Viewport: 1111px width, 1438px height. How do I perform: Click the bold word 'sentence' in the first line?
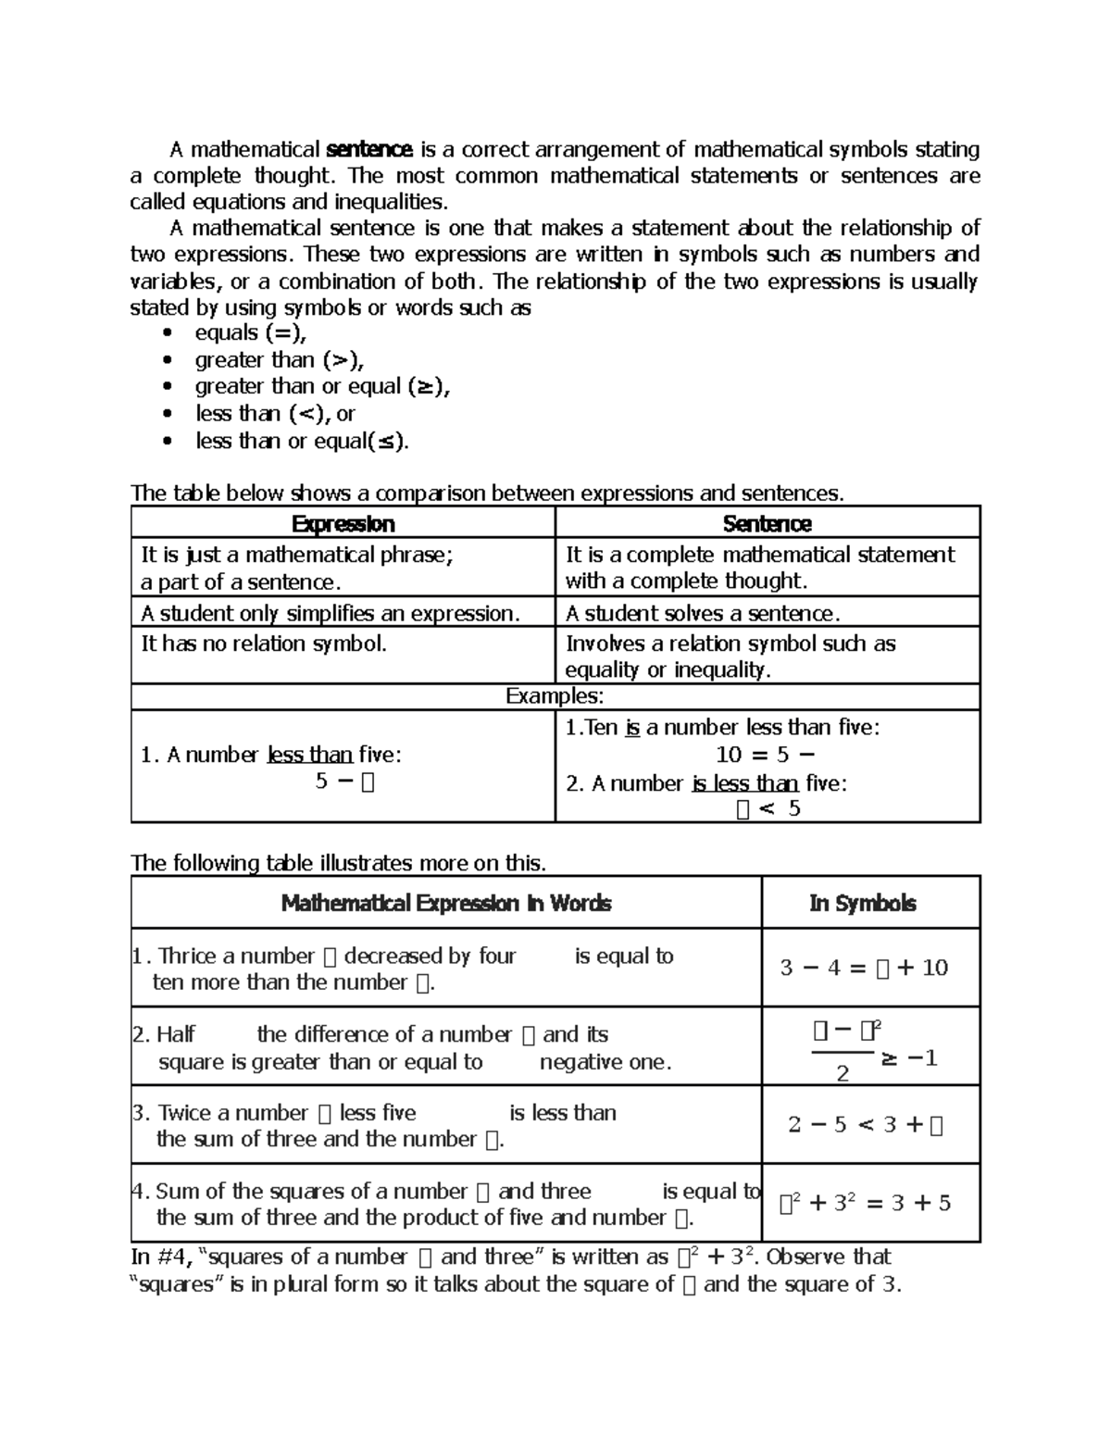[x=369, y=149]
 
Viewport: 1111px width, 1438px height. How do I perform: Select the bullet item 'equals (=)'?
[x=250, y=332]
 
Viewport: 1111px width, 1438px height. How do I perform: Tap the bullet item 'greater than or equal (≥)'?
[x=321, y=386]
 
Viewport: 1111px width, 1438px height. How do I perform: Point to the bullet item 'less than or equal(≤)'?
[x=301, y=441]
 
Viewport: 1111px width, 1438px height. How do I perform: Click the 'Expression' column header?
[x=343, y=523]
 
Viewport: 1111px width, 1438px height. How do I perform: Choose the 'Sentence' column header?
[x=767, y=523]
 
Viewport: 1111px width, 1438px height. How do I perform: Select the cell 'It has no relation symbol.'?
[x=263, y=644]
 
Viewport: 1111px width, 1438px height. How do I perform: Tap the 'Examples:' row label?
[x=555, y=696]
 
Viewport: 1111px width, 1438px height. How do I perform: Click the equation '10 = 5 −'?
[x=766, y=754]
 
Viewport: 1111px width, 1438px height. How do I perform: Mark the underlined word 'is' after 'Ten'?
[x=632, y=728]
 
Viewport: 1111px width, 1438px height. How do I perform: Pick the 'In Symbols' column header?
[x=862, y=903]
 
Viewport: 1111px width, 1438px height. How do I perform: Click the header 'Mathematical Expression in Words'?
[x=445, y=903]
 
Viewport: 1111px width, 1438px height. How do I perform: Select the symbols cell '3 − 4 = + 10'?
[x=864, y=968]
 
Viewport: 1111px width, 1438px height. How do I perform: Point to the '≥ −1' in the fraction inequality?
[x=909, y=1058]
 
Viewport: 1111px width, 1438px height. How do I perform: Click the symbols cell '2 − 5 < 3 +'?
[x=865, y=1125]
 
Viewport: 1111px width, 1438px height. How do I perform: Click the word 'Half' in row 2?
[x=175, y=1034]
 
